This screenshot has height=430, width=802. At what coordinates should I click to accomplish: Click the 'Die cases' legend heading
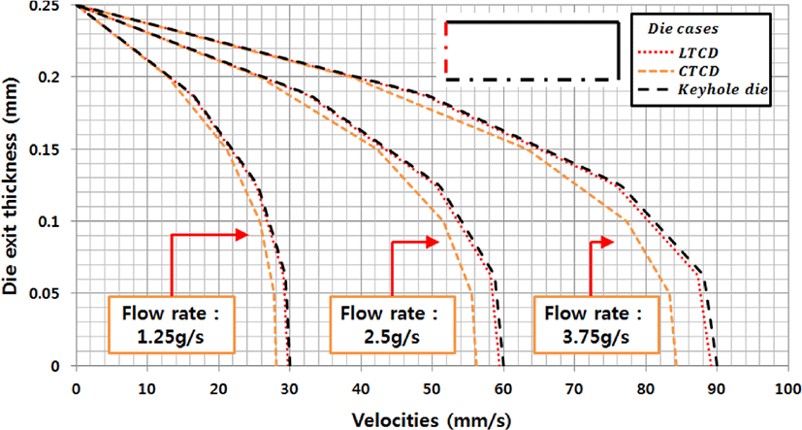point(683,28)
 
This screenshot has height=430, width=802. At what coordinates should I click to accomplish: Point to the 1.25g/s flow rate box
point(172,324)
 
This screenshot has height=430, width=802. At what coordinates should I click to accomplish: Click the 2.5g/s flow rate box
point(392,324)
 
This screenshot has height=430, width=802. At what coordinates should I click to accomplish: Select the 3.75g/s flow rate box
point(595,324)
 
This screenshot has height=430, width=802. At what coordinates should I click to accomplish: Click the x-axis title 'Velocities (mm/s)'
point(432,420)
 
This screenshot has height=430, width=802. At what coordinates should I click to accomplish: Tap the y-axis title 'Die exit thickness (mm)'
point(10,185)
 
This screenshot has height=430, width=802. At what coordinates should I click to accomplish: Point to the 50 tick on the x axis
point(433,389)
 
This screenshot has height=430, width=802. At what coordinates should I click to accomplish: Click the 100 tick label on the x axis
point(787,389)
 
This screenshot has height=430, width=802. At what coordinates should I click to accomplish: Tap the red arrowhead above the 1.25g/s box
point(241,235)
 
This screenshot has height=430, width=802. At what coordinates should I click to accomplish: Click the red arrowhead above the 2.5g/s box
point(433,242)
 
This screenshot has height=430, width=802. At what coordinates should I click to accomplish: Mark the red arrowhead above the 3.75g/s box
point(607,242)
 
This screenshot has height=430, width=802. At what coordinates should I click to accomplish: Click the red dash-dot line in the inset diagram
point(446,48)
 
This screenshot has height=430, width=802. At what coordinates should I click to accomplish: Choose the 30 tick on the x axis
point(290,389)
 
